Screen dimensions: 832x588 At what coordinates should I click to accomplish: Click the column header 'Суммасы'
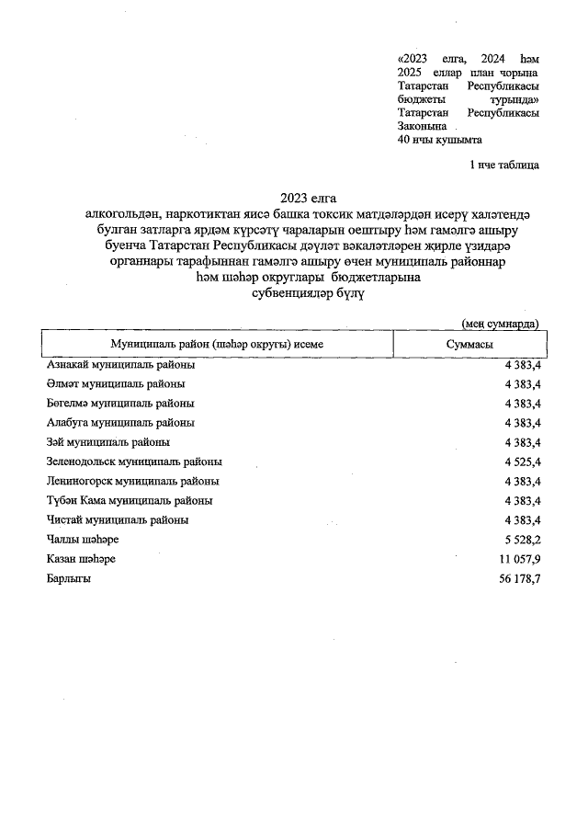(467, 343)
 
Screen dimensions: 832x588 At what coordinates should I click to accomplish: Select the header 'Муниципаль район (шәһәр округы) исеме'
(217, 343)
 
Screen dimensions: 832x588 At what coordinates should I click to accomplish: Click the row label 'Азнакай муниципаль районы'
(120, 365)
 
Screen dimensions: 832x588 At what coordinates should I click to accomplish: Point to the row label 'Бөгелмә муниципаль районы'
(120, 404)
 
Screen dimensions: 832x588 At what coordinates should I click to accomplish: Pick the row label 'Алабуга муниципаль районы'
(120, 423)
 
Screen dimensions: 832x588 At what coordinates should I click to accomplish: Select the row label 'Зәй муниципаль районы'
(108, 442)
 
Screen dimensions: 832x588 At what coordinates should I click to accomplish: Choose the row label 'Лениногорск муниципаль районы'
(132, 481)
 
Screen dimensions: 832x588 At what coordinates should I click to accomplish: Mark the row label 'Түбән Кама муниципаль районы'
(130, 501)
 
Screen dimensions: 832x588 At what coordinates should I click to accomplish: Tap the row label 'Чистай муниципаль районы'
(118, 520)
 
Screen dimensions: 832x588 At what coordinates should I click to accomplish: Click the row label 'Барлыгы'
(69, 579)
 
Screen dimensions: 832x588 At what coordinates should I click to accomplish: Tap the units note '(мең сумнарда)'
(500, 323)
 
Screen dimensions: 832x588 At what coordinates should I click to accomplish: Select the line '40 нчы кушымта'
(439, 140)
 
